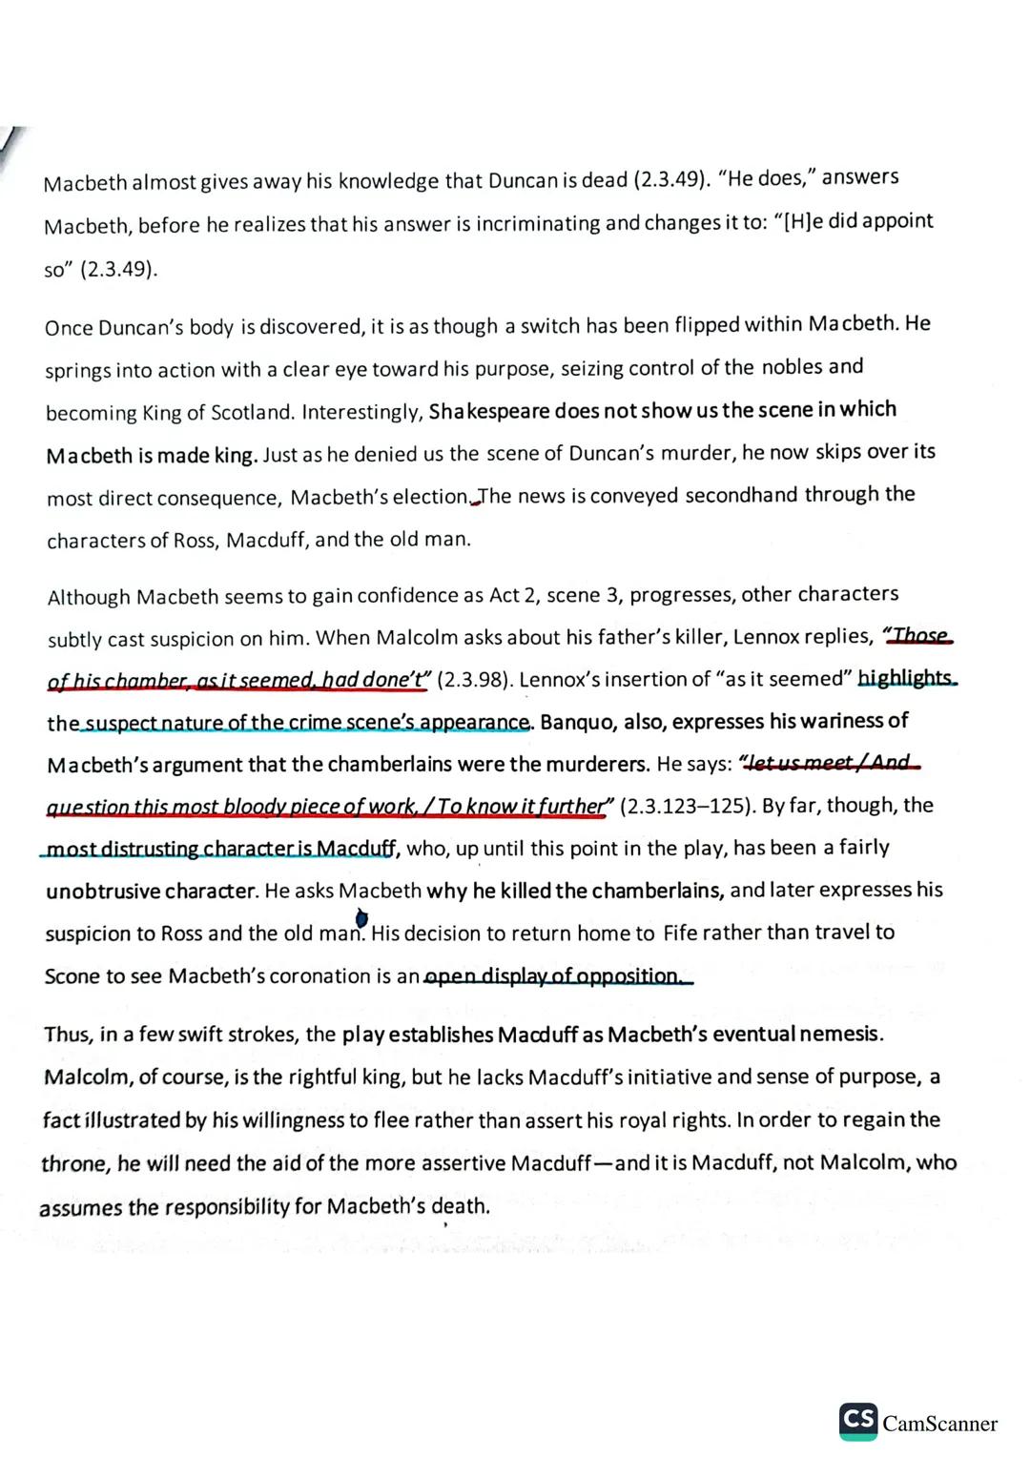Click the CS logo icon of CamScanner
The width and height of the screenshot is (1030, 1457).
(x=858, y=1421)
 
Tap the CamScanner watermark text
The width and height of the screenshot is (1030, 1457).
(x=940, y=1425)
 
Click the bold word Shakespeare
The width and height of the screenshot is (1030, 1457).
(x=489, y=411)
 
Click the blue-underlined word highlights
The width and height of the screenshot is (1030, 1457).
(x=905, y=678)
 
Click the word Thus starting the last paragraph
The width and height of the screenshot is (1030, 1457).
(x=67, y=1035)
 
